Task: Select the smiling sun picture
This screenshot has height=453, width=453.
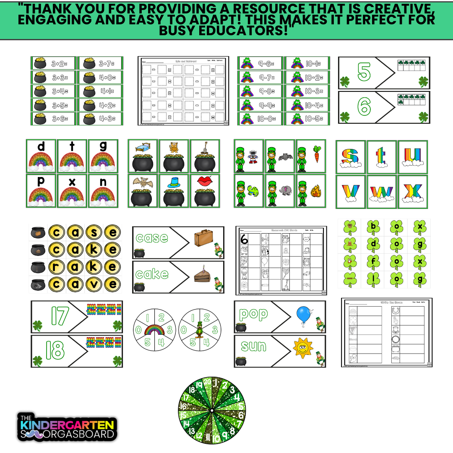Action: (x=303, y=348)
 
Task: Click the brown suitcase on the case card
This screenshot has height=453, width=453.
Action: (x=204, y=239)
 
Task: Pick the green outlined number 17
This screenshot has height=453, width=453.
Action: (x=59, y=316)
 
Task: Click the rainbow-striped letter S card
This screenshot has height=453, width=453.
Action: (x=351, y=156)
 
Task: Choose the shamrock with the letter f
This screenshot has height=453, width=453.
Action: (x=373, y=262)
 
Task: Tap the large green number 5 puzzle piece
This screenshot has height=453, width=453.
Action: (x=364, y=73)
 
